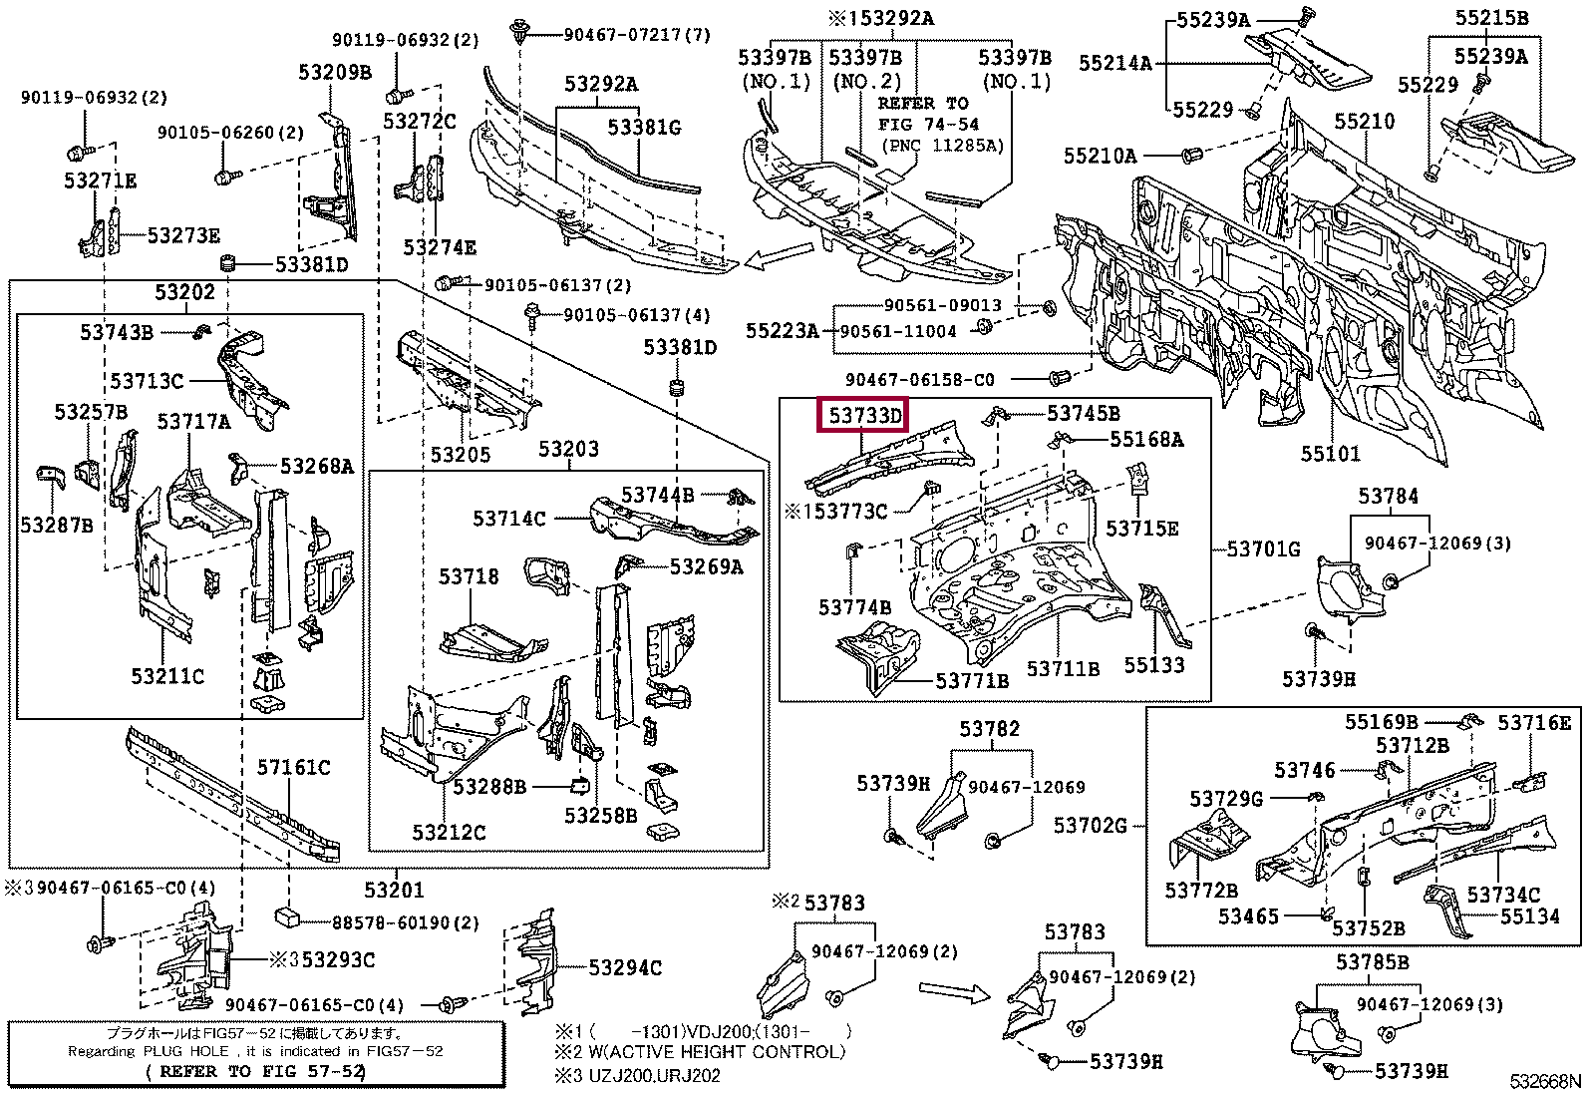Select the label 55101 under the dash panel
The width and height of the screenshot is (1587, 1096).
1330,455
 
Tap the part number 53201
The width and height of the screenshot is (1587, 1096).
393,891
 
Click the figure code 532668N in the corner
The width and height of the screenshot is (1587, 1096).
1544,1081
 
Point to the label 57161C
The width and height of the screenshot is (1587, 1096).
293,767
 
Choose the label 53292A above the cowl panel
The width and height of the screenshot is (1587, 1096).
600,84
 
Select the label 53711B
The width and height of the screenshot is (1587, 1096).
1063,669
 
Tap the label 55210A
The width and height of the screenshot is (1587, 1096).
1100,156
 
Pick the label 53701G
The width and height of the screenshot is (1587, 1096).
1263,549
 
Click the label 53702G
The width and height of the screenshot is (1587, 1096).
1091,825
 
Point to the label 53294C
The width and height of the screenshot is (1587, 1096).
624,967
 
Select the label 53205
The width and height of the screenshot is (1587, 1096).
460,455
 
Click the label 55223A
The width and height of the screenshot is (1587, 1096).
782,329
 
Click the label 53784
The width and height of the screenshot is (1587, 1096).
1388,496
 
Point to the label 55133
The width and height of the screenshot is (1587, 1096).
1153,664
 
